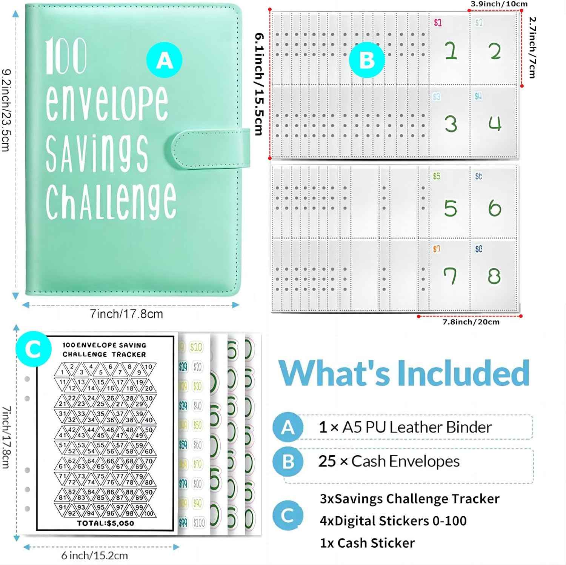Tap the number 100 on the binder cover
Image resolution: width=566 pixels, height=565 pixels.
(x=66, y=57)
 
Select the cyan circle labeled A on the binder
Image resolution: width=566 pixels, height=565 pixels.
(x=164, y=60)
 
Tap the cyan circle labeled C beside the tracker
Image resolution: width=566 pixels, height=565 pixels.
(x=34, y=349)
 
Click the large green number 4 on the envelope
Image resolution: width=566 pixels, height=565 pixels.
(x=495, y=123)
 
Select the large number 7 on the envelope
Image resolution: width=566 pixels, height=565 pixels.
(x=450, y=276)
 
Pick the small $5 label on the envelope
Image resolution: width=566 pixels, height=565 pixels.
(x=437, y=176)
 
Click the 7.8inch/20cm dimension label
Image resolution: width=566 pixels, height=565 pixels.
(x=471, y=322)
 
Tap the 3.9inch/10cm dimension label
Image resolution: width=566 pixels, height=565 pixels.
(x=498, y=4)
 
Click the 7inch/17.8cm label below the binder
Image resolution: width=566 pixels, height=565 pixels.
(x=126, y=314)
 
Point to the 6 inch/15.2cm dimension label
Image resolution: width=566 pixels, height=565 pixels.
(x=94, y=555)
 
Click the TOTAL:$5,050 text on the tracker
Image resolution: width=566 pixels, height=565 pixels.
(x=105, y=523)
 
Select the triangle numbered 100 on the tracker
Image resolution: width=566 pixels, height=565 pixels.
(x=149, y=513)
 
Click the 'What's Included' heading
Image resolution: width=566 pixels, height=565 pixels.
(x=404, y=373)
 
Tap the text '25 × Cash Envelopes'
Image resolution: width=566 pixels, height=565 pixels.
(x=389, y=461)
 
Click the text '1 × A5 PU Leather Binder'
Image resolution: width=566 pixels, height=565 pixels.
(x=405, y=427)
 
